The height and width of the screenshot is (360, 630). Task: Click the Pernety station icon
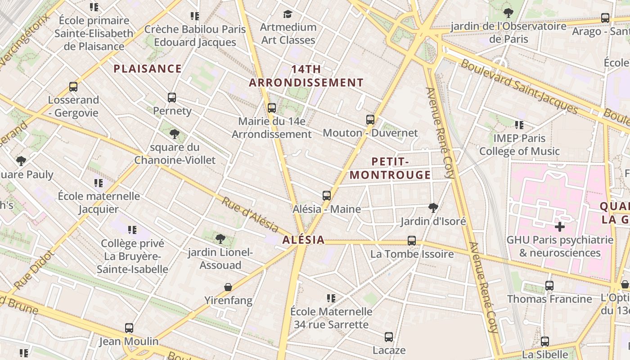click(171, 98)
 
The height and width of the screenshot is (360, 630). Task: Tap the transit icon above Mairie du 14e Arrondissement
click(271, 108)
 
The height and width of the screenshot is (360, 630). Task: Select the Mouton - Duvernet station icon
click(370, 120)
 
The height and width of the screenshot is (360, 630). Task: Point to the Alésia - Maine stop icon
click(327, 196)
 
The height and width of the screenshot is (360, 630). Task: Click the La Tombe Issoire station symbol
click(411, 241)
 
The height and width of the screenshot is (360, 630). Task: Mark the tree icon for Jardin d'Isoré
click(433, 207)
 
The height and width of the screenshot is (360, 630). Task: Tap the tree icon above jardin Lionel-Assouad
click(220, 238)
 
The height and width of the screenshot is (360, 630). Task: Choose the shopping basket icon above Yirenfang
click(228, 287)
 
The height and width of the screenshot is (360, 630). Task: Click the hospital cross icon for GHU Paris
click(559, 226)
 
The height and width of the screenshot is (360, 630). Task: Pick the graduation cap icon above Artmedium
click(288, 14)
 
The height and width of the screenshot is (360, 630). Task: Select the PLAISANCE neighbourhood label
click(148, 69)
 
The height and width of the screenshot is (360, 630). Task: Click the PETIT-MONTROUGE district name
click(390, 168)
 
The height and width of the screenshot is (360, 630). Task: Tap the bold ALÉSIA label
click(303, 240)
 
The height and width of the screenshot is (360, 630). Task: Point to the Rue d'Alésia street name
click(250, 215)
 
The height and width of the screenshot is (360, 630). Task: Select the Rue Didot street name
click(34, 270)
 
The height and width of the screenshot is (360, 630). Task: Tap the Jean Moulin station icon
click(129, 328)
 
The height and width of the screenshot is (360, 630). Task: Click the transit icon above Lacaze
click(389, 337)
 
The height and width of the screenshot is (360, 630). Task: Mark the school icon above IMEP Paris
click(519, 125)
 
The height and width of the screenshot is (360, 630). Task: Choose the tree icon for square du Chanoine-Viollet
click(175, 134)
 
